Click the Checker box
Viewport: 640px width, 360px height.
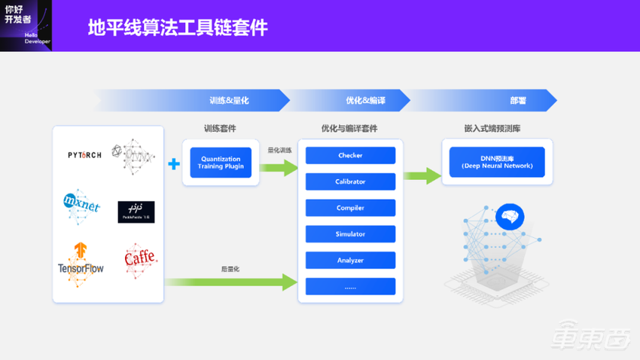(x=350, y=156)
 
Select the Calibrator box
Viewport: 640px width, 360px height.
(x=350, y=182)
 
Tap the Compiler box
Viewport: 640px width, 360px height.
(x=350, y=208)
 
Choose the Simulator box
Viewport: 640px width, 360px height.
(x=350, y=234)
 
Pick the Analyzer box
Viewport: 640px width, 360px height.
(x=350, y=261)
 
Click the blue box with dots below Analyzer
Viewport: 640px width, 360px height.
(x=350, y=286)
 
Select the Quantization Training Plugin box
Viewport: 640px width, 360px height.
(x=221, y=163)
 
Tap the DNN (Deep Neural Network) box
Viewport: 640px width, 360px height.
(x=496, y=162)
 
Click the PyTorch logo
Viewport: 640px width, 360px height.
(x=84, y=155)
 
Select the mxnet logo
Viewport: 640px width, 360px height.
(x=81, y=204)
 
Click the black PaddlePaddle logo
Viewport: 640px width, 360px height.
(x=136, y=212)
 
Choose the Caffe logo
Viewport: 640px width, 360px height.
(x=139, y=259)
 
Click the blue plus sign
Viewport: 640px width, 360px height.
(x=174, y=163)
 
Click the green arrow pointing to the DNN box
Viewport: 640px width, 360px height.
(x=422, y=176)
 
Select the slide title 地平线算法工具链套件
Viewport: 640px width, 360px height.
(x=178, y=28)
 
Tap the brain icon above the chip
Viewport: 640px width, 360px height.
(x=510, y=218)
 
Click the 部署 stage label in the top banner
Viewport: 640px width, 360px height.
(x=518, y=100)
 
